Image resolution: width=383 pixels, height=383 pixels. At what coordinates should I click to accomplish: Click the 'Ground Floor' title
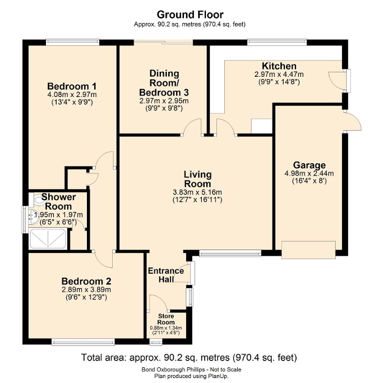pyautogui.click(x=190, y=14)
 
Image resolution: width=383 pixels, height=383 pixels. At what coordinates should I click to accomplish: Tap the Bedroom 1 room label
pyautogui.click(x=72, y=86)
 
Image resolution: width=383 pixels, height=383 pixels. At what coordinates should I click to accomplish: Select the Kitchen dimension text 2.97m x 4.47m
pyautogui.click(x=279, y=74)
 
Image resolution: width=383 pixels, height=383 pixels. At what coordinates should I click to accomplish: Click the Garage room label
pyautogui.click(x=309, y=165)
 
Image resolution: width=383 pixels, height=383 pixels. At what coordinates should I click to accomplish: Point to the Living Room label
pyautogui.click(x=197, y=179)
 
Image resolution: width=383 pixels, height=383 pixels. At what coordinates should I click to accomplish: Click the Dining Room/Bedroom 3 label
pyautogui.click(x=164, y=82)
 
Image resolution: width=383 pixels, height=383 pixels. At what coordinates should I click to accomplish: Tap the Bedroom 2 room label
pyautogui.click(x=86, y=281)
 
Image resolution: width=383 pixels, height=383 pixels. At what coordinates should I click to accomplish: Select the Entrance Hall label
pyautogui.click(x=166, y=275)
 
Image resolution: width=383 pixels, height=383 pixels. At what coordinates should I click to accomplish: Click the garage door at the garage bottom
pyautogui.click(x=308, y=250)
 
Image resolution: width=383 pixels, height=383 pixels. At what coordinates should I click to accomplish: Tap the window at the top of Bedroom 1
pyautogui.click(x=72, y=41)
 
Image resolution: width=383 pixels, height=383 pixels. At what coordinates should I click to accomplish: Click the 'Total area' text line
pyautogui.click(x=189, y=357)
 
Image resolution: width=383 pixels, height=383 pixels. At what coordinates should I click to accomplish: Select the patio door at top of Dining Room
pyautogui.click(x=163, y=42)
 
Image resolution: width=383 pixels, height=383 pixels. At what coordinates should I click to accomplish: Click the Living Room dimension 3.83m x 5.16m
pyautogui.click(x=197, y=192)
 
